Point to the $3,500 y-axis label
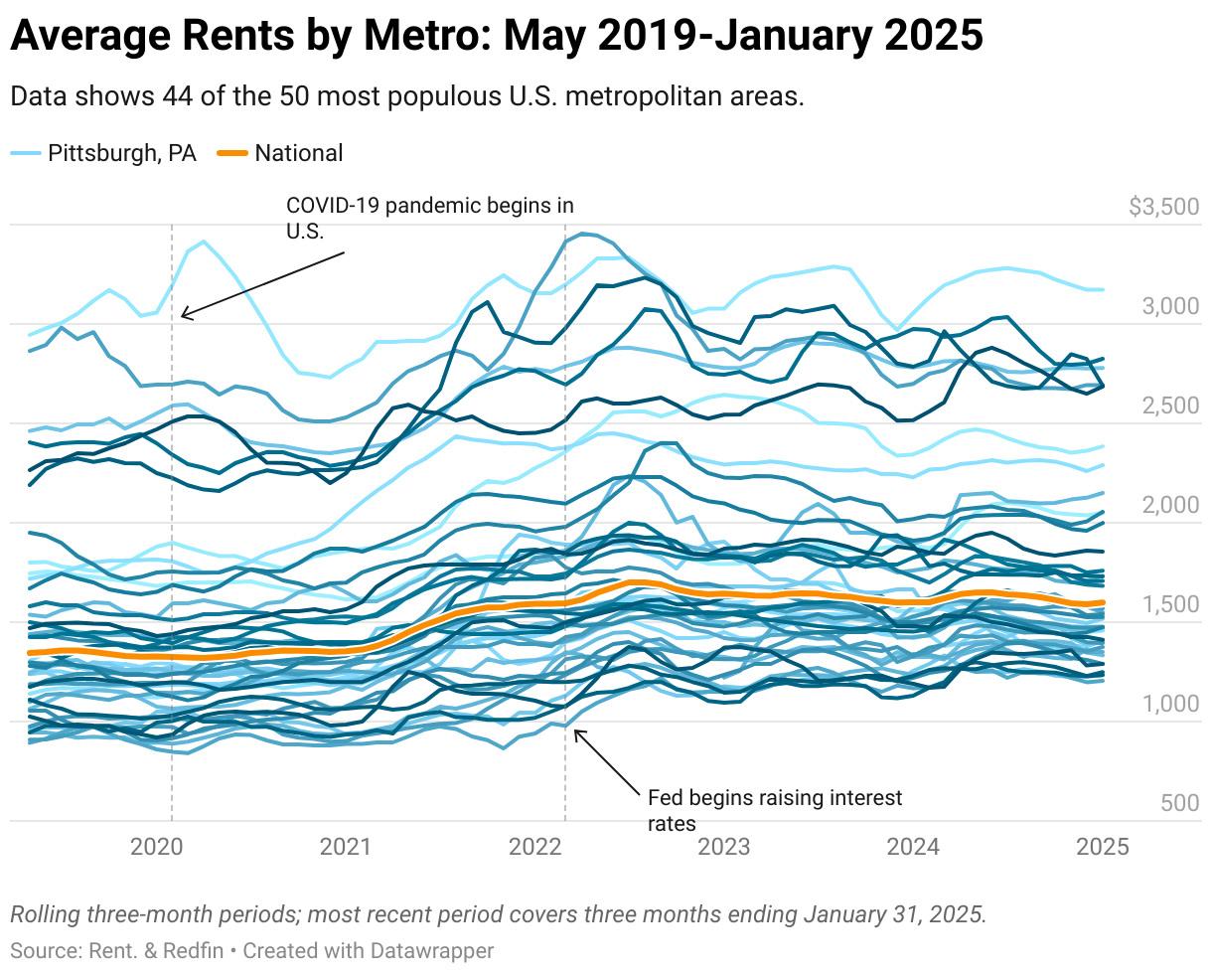[1164, 207]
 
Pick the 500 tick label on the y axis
[1179, 803]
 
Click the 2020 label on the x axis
[157, 847]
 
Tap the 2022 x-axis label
[535, 847]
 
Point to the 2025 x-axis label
[1103, 847]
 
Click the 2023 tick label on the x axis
[724, 847]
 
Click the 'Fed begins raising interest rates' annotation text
[774, 810]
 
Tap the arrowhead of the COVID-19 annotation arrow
[183, 317]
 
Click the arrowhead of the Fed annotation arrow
[576, 731]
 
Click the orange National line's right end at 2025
[1103, 602]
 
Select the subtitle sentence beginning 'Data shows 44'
[406, 96]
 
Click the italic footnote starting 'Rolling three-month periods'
[497, 914]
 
